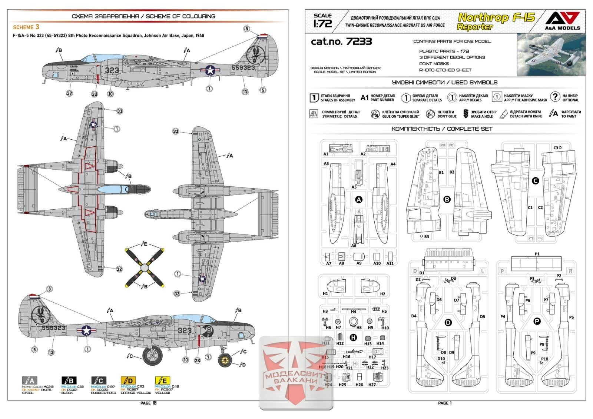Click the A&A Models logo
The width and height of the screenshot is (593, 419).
click(562, 20)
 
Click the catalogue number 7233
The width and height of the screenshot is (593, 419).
click(341, 41)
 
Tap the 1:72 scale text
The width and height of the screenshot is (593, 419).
click(322, 21)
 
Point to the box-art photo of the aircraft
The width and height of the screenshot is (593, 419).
click(551, 54)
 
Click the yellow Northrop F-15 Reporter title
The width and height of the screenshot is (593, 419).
click(496, 21)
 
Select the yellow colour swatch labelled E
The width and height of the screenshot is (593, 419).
click(162, 380)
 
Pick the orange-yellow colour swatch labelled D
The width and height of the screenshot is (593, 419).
click(128, 380)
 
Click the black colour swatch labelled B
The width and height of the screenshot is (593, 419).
click(69, 380)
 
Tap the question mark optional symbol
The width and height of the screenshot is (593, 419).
click(554, 97)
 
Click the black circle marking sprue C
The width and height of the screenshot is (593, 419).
click(535, 181)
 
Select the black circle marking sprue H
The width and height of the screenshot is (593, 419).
click(353, 337)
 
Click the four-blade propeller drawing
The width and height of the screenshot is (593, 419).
click(145, 265)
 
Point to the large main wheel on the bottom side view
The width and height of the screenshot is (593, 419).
click(152, 356)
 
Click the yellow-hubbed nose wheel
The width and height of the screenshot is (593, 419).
click(225, 359)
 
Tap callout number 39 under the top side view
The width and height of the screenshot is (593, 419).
click(69, 93)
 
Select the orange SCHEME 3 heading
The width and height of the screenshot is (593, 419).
click(26, 27)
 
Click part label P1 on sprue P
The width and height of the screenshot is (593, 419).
click(537, 254)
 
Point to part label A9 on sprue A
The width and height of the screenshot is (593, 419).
click(359, 263)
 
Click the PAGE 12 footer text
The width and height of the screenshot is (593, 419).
click(148, 403)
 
